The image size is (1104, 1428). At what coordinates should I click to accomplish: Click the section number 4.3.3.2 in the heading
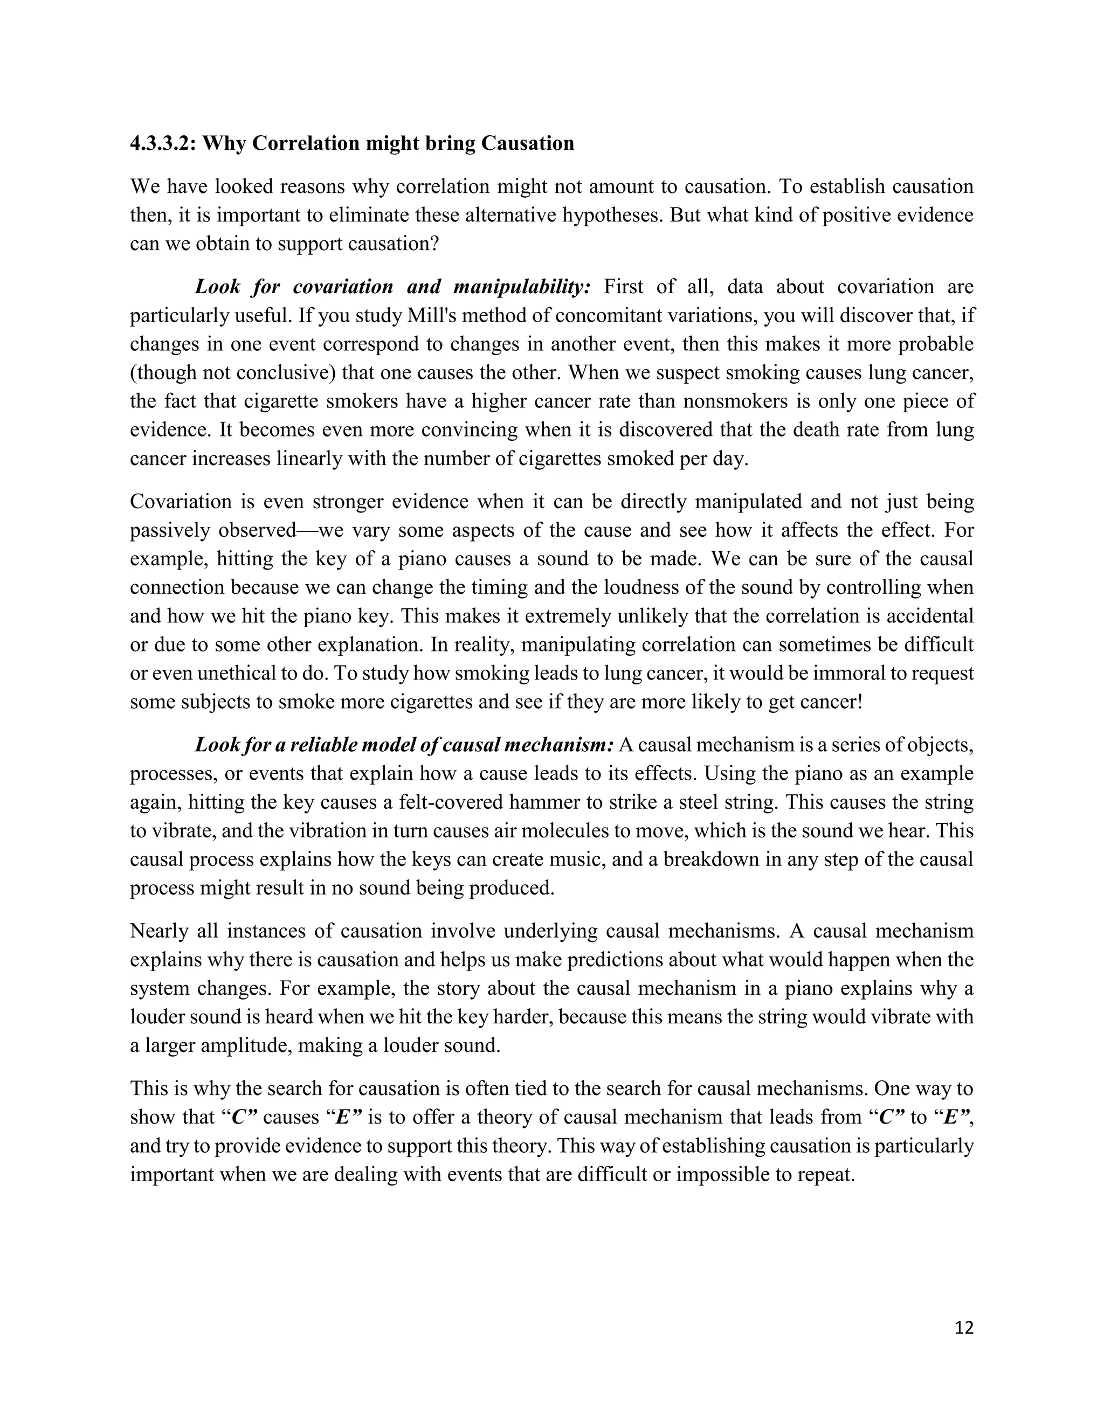pyautogui.click(x=162, y=143)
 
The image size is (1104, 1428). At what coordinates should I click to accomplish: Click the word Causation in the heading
pyautogui.click(x=527, y=143)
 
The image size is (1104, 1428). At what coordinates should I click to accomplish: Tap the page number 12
pyautogui.click(x=964, y=1327)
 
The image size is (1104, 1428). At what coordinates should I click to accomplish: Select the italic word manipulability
pyautogui.click(x=531, y=287)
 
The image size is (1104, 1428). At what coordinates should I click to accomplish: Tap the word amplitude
pyautogui.click(x=246, y=1045)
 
